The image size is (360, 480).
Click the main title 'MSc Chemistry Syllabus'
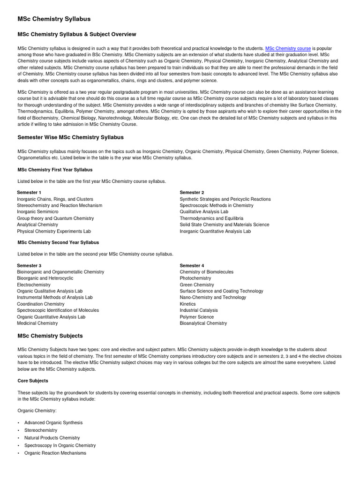pos(54,19)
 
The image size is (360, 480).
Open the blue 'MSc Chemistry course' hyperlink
pos(288,48)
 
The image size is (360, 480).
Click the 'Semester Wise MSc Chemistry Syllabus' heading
pos(70,137)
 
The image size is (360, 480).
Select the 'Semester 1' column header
pos(29,193)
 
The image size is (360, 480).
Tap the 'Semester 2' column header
pos(192,193)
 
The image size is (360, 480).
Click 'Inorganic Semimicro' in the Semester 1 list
pos(38,212)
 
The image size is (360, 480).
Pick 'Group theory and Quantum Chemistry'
pos(55,218)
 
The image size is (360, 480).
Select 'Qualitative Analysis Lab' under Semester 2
pos(204,212)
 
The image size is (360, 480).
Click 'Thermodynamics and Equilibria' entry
pos(211,218)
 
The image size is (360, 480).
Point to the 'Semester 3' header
pos(29,266)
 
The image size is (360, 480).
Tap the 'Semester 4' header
pos(192,266)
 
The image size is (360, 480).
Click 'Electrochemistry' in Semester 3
pos(34,285)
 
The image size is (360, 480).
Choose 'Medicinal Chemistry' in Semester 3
pos(37,323)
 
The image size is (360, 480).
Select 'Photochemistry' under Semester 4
pos(195,278)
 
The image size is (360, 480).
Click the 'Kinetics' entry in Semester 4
pos(188,304)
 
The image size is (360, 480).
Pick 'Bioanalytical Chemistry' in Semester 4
pos(203,323)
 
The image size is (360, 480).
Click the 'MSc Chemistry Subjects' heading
pos(50,336)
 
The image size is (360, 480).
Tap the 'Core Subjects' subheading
pos(33,381)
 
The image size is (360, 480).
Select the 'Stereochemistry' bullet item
pos(41,430)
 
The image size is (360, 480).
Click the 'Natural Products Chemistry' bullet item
pos(52,438)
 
